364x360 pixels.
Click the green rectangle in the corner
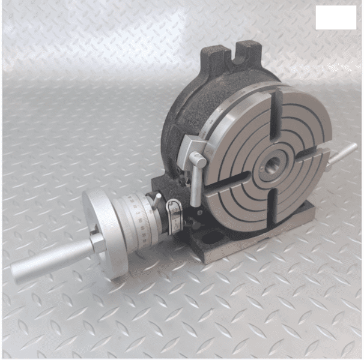(336, 18)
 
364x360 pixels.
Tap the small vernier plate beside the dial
(174, 218)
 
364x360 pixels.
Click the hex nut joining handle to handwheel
(96, 243)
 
